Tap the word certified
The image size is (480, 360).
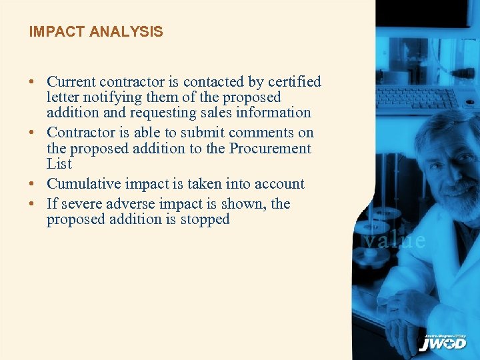pos(294,82)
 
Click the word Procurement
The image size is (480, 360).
pos(270,148)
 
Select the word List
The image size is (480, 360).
pos(59,163)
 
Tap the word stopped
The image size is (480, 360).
pos(205,219)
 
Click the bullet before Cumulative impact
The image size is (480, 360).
pos(32,185)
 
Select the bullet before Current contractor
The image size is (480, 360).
pos(32,83)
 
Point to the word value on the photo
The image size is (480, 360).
pos(394,240)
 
